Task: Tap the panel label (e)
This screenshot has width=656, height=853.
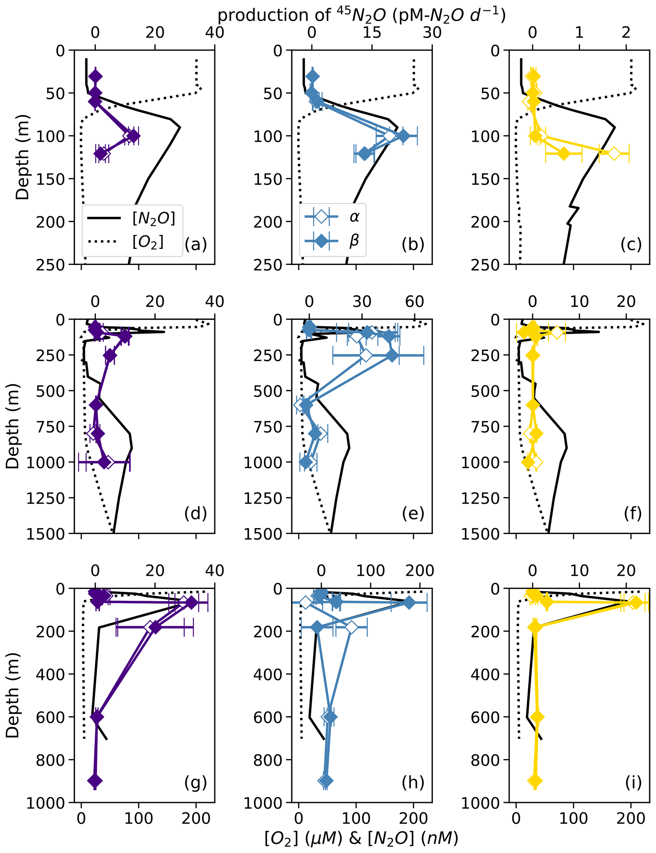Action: (x=413, y=513)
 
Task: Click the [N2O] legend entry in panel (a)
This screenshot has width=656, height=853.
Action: (x=154, y=218)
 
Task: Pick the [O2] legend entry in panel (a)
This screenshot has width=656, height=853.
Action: (x=148, y=242)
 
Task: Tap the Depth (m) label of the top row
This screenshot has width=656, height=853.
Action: (x=23, y=157)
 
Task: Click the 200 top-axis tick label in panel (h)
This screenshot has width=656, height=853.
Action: (x=420, y=571)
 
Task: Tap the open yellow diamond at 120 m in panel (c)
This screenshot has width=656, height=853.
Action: (x=614, y=154)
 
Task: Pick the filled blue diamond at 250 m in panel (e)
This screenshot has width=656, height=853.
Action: (x=392, y=355)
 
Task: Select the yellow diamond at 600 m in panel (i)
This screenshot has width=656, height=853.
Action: (x=537, y=717)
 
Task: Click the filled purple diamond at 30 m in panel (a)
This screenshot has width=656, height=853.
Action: (x=95, y=77)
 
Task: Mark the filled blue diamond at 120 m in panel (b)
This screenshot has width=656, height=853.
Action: (x=364, y=154)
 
